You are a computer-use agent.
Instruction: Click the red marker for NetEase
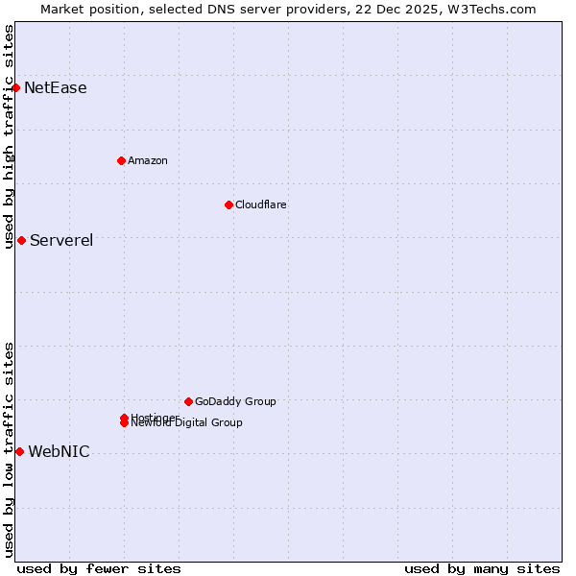click(x=15, y=88)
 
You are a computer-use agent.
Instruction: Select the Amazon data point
click(x=121, y=160)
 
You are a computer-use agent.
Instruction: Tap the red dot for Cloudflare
click(x=228, y=204)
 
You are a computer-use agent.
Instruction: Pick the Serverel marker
click(x=21, y=240)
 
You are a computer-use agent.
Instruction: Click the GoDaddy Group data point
click(x=188, y=401)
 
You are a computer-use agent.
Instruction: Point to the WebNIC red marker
click(x=19, y=451)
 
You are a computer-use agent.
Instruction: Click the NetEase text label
click(x=56, y=88)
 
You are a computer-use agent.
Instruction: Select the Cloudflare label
click(x=261, y=204)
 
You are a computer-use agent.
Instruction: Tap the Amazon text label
click(x=148, y=160)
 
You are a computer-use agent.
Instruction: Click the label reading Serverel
click(x=61, y=240)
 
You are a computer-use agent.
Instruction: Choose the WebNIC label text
click(x=59, y=451)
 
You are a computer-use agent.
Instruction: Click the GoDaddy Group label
click(x=235, y=401)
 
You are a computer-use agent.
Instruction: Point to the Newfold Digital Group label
click(x=187, y=423)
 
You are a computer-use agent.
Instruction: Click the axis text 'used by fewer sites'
click(x=99, y=568)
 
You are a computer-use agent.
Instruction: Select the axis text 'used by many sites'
click(x=482, y=568)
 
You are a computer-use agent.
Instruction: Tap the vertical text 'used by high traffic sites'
click(x=9, y=136)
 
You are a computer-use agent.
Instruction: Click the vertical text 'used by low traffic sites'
click(x=9, y=449)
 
